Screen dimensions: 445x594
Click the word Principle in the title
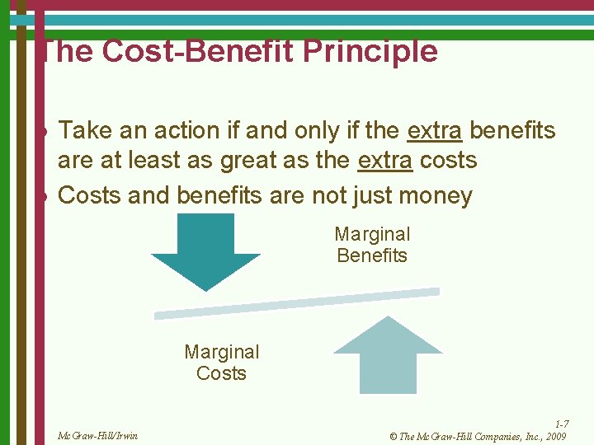coord(370,52)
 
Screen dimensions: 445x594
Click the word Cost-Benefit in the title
coord(200,51)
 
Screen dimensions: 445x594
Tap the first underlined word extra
coord(434,130)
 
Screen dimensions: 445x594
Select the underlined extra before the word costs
coord(384,160)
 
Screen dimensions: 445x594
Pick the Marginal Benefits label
coord(372,245)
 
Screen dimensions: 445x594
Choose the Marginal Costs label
coord(221,363)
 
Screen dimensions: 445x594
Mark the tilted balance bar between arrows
coord(297,302)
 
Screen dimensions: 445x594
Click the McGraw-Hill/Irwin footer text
coord(98,435)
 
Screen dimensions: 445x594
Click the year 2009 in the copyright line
coord(555,436)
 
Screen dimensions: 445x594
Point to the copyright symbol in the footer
coord(393,436)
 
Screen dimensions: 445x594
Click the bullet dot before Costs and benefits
coord(48,197)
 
